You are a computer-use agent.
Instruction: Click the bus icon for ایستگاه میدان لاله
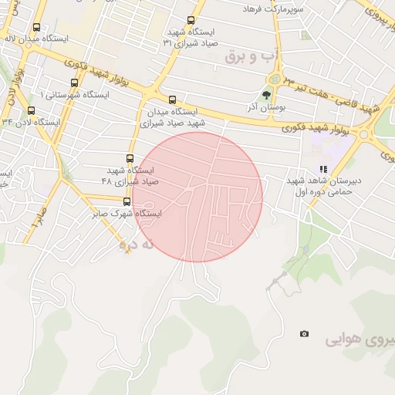point(37,28)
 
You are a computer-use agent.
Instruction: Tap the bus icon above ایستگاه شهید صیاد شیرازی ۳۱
point(191,21)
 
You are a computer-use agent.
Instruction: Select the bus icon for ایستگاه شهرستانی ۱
point(74,83)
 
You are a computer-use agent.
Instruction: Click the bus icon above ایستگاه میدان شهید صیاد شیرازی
point(172,100)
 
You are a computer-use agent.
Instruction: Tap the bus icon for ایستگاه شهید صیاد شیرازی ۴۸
point(128,158)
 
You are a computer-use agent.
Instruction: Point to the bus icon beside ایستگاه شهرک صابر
point(127,202)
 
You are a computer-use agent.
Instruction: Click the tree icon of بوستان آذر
point(267,96)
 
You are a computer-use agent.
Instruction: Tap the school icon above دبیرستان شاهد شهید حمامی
point(324,169)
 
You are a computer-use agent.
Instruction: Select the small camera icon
point(305,333)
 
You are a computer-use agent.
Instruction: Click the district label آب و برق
point(251,57)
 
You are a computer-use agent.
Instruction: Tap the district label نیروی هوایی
point(360,339)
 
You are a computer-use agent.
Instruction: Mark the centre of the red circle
point(197,197)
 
